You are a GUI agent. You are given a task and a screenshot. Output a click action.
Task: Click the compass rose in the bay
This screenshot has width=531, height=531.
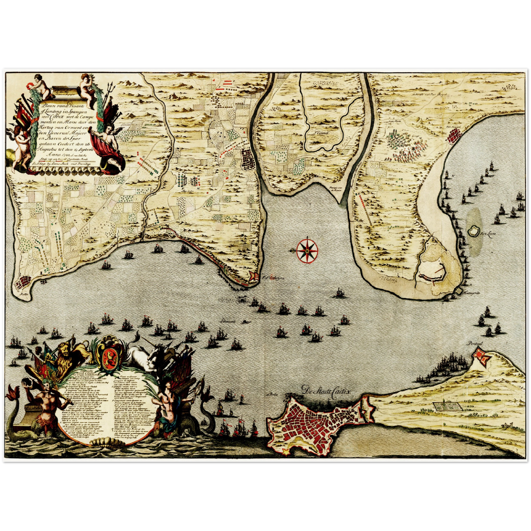click(x=307, y=251)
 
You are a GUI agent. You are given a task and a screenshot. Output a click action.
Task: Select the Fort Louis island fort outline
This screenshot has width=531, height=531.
click(x=474, y=231)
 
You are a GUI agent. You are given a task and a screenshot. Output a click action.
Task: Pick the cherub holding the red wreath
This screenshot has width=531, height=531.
click(x=41, y=85)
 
